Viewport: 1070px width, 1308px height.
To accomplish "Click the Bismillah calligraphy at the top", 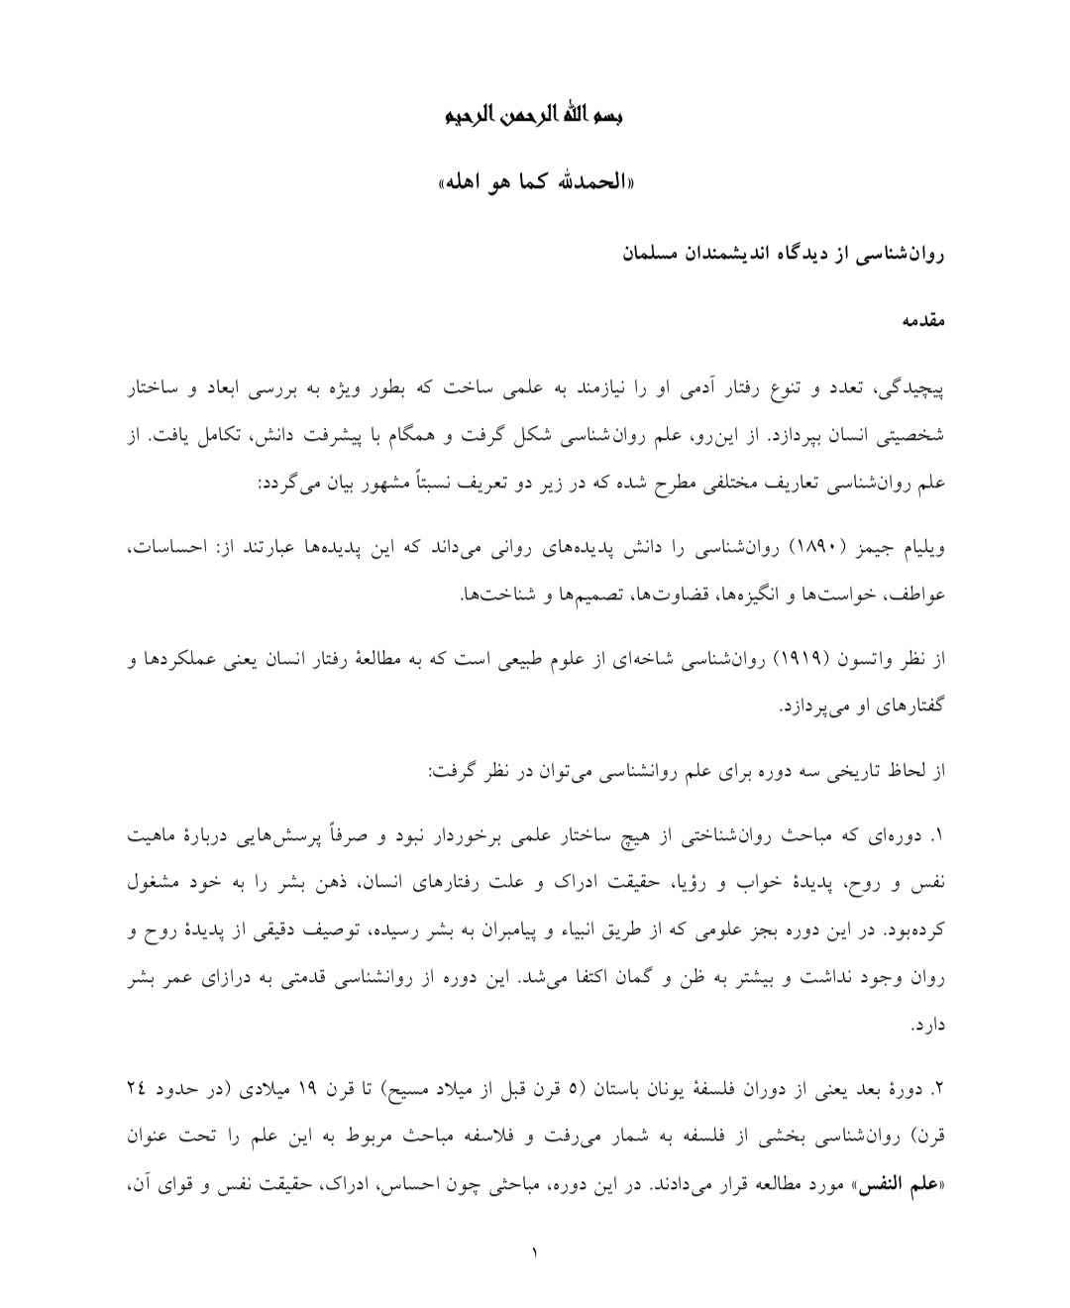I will click(535, 117).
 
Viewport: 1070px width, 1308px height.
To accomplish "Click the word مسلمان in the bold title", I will click(658, 255).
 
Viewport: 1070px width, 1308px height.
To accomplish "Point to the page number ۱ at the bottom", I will click(535, 1253).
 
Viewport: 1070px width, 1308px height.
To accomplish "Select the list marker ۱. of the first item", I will click(937, 836).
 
